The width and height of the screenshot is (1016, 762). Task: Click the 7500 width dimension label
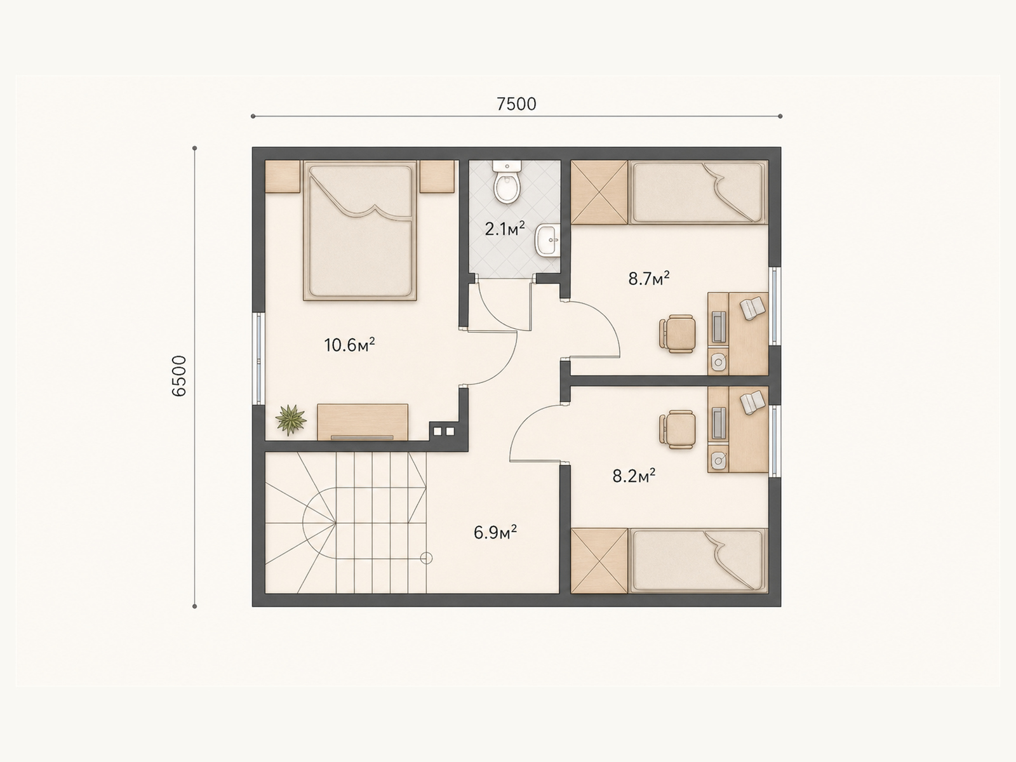(x=516, y=104)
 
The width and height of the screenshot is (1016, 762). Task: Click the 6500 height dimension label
(x=178, y=376)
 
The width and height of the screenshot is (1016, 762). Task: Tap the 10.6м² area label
(x=349, y=345)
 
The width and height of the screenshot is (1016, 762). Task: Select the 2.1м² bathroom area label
(x=505, y=229)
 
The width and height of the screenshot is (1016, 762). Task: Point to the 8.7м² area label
(x=649, y=279)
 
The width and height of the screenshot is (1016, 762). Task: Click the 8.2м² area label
(x=634, y=476)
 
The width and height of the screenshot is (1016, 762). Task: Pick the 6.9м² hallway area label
(x=495, y=533)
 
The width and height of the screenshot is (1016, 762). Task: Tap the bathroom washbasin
(x=547, y=239)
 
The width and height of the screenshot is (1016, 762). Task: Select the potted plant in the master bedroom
(x=291, y=420)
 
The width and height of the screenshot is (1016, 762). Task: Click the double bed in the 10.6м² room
(x=360, y=231)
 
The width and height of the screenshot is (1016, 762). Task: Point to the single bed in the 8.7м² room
(x=698, y=192)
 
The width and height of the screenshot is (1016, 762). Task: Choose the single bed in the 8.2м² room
(x=698, y=561)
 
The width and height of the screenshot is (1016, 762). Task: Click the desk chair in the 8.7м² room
(x=677, y=333)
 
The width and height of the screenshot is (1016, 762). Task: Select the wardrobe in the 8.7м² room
(x=599, y=192)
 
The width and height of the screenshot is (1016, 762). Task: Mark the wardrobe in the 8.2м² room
(x=599, y=561)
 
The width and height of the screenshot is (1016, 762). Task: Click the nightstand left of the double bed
(x=283, y=177)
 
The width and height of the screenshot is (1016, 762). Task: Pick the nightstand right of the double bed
(x=437, y=177)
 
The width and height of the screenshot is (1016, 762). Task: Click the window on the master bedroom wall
(x=258, y=359)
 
